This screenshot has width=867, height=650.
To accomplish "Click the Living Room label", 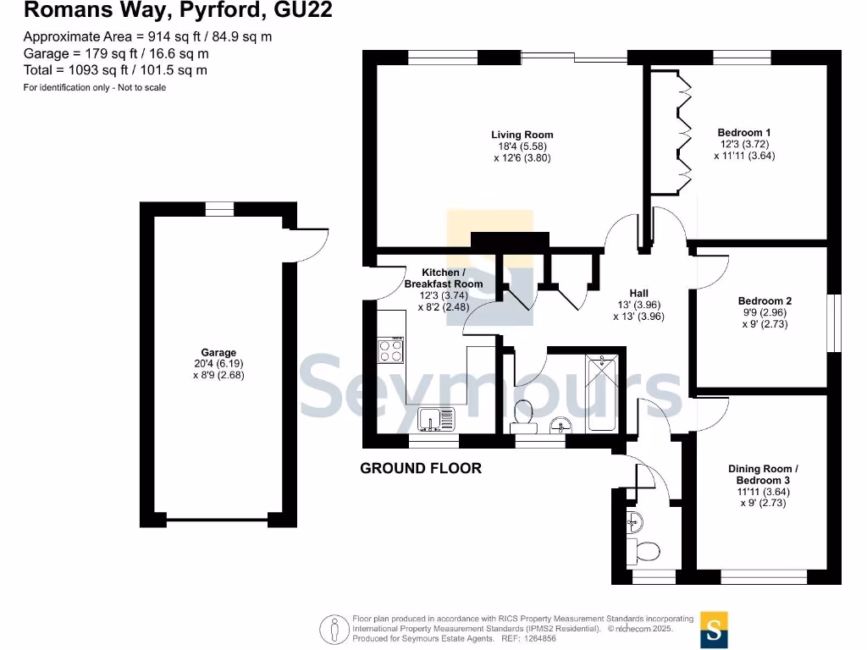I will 522,135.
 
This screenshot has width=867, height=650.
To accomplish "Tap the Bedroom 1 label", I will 743,133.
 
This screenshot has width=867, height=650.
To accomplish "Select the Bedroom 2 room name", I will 765,301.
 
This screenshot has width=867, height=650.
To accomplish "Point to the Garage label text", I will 218,353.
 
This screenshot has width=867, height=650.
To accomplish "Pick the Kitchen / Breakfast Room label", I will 444,278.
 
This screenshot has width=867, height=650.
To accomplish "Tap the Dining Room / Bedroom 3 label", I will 763,475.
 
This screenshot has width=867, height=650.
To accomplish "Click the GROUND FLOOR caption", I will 421,468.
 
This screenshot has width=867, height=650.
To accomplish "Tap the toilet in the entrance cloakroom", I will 646,552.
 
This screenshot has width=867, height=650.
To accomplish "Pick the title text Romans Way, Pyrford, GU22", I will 177,11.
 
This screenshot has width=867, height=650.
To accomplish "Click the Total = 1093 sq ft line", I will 114,70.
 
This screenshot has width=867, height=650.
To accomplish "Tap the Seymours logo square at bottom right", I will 714,629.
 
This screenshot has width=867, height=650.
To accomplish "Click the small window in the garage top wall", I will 219,209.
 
